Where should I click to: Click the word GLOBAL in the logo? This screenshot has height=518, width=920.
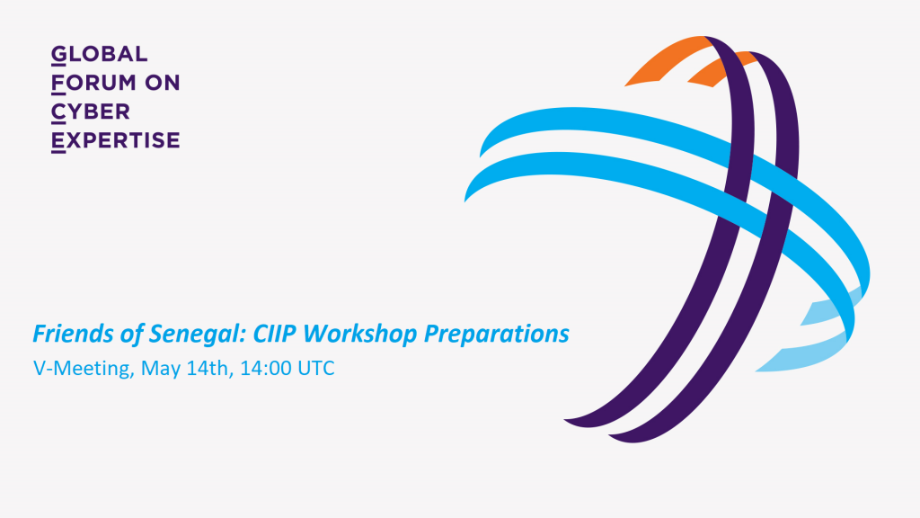coord(99,54)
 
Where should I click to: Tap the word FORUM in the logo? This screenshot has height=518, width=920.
coord(93,83)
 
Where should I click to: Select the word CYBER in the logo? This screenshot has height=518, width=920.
coord(91,112)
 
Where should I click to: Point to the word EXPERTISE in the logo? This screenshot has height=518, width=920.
coord(116,140)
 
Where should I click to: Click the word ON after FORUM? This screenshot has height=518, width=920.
coord(163,83)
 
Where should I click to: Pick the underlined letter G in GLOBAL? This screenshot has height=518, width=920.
coord(58,54)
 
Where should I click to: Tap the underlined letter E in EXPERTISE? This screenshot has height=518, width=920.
coord(58,141)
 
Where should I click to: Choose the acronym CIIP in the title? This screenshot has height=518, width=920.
coord(275,333)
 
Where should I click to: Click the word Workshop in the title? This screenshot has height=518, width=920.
coord(360,335)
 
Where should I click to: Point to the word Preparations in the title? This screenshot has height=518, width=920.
coord(496,335)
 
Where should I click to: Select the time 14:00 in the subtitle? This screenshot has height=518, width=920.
coord(266,368)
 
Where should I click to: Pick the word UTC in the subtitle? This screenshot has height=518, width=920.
coord(316,368)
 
